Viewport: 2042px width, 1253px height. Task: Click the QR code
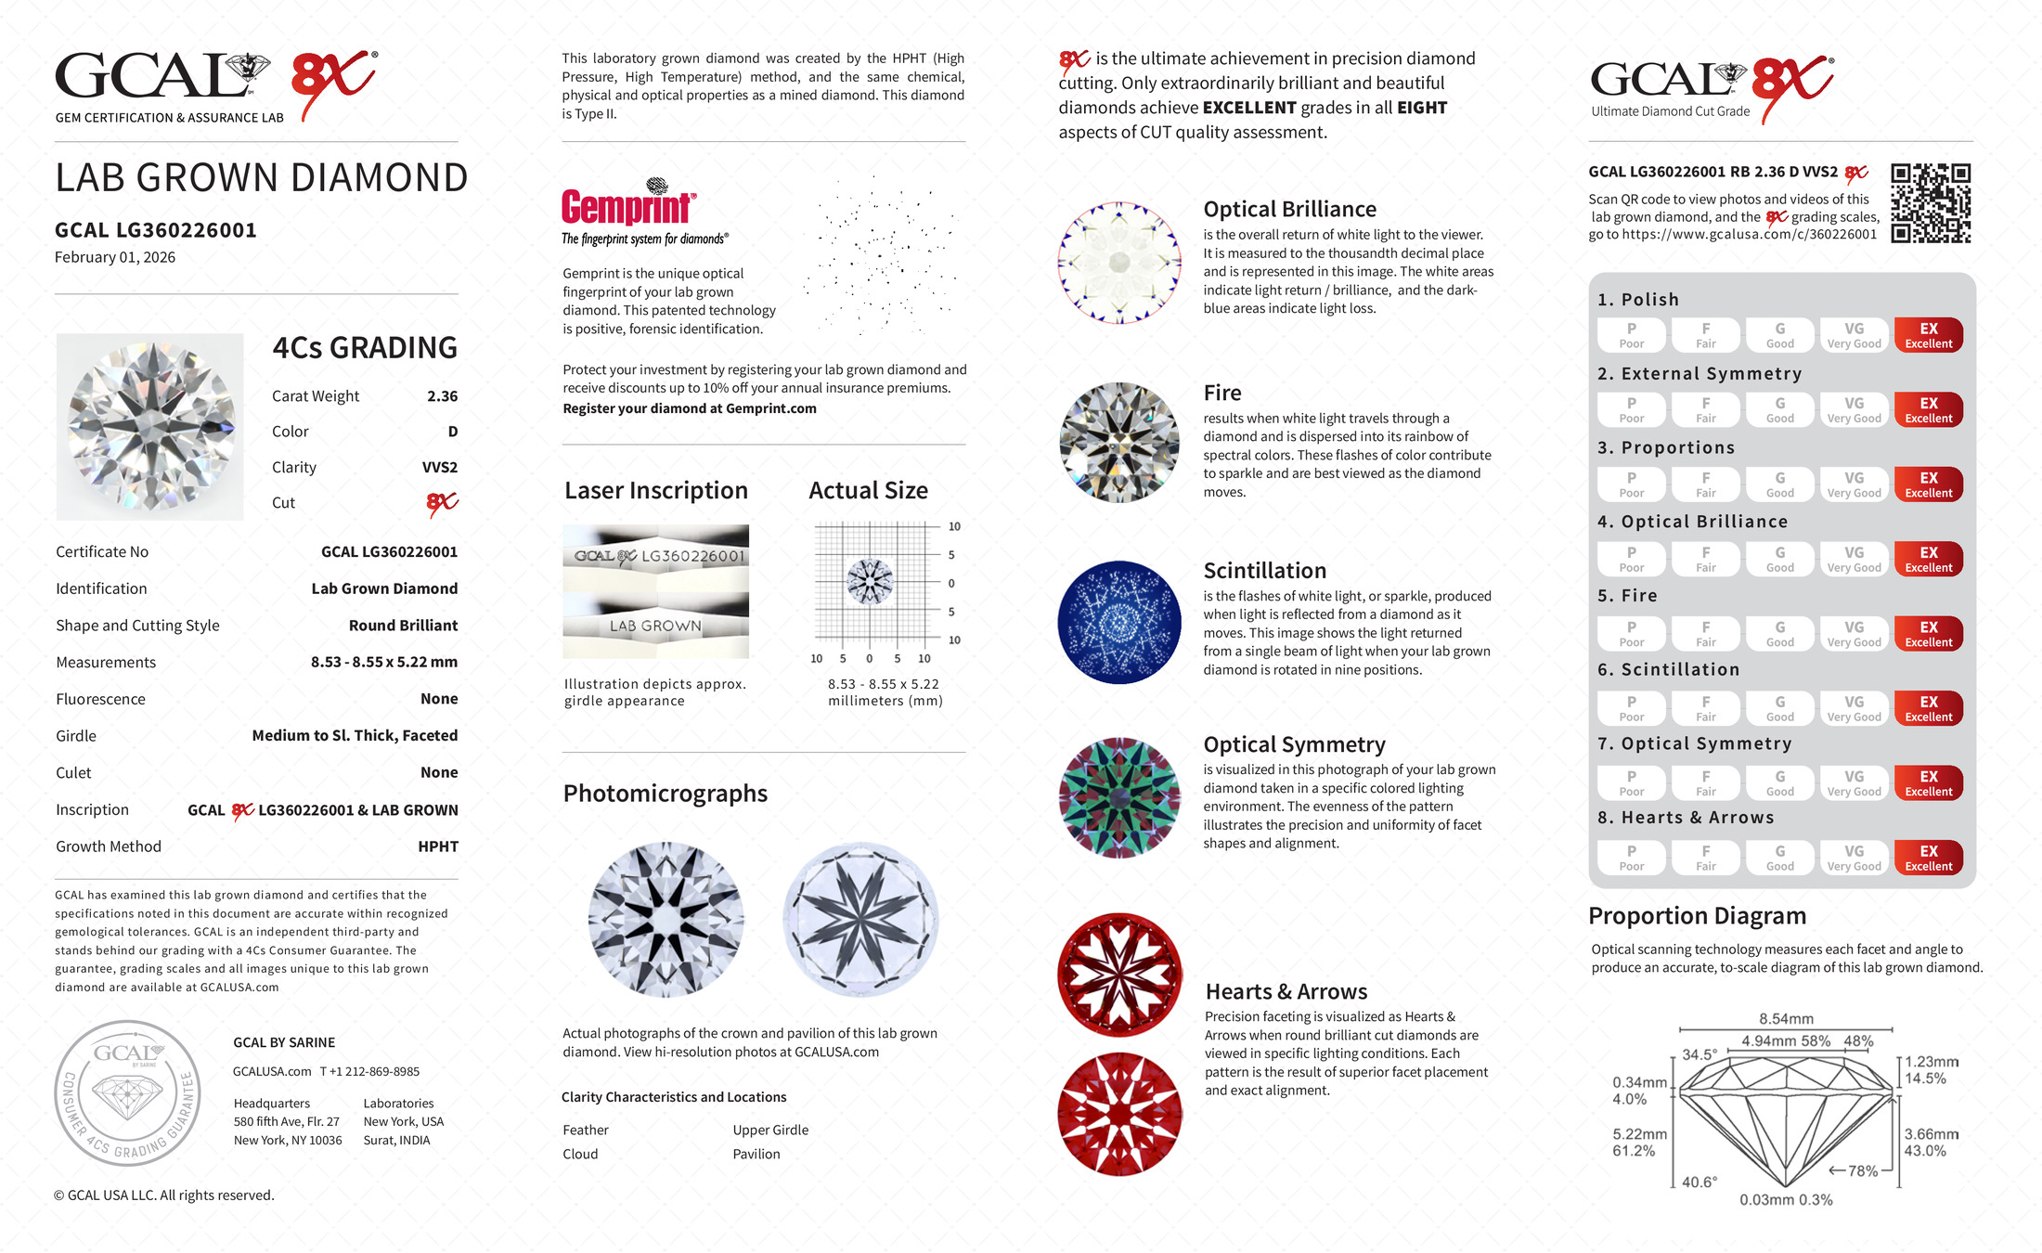[x=1931, y=203]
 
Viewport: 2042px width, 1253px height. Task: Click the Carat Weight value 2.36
[x=442, y=396]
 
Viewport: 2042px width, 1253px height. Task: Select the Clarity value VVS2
[x=439, y=468]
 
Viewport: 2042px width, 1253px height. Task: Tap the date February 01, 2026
[x=115, y=258]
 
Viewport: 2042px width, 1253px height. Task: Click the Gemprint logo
[x=628, y=206]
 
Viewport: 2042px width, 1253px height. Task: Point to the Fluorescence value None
[x=439, y=699]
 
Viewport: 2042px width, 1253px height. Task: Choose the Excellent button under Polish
[x=1928, y=335]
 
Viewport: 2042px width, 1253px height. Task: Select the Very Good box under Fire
[x=1854, y=634]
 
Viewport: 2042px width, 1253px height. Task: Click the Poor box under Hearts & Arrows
[x=1631, y=858]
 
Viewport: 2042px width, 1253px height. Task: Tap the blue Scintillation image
[x=1119, y=622]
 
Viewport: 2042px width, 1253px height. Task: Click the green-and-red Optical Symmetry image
[x=1119, y=797]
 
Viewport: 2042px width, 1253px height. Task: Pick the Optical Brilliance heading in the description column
[x=1289, y=210]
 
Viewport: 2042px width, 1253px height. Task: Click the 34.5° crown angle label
[x=1700, y=1055]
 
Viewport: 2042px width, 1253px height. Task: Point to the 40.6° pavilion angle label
[x=1699, y=1182]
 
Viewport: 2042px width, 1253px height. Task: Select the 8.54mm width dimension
[x=1786, y=1019]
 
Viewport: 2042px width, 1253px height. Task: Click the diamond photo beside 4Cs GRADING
[x=150, y=427]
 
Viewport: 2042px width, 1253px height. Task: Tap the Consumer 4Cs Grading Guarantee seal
[x=127, y=1093]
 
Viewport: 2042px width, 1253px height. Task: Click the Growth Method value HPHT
[x=438, y=846]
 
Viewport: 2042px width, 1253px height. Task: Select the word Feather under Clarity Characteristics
[x=586, y=1130]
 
